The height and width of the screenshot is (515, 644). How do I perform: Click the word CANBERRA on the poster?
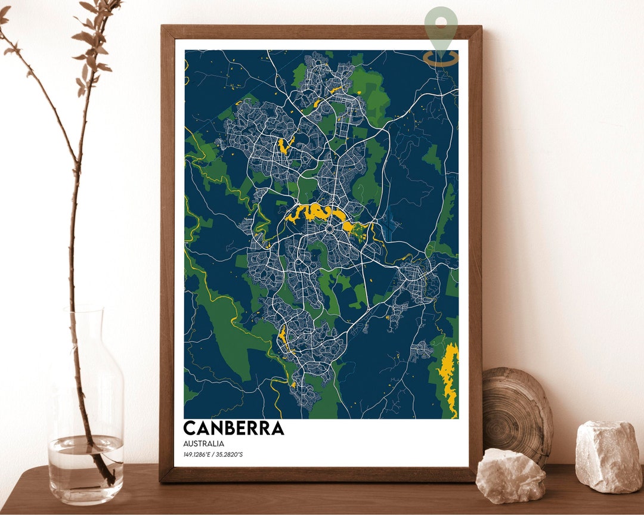[x=233, y=428]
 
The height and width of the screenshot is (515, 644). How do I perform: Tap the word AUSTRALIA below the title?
[x=204, y=443]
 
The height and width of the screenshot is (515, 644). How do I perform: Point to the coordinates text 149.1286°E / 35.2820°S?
[x=213, y=455]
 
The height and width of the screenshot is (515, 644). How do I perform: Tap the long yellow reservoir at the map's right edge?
[x=449, y=376]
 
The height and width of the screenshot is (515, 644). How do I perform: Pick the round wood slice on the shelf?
[x=516, y=411]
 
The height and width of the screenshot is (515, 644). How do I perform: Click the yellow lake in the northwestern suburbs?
[x=283, y=145]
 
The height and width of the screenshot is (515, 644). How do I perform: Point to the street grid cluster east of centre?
[x=417, y=280]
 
